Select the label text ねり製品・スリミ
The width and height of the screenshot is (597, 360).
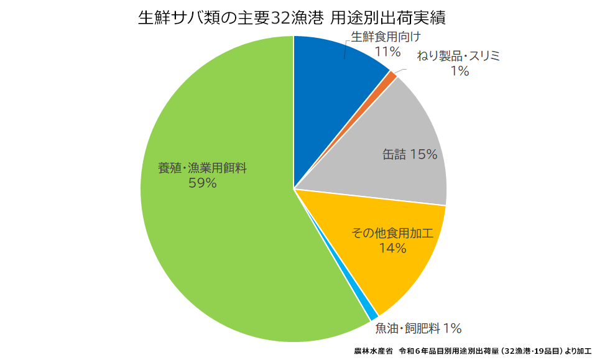pos(459,57)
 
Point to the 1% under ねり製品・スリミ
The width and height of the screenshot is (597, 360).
pos(460,72)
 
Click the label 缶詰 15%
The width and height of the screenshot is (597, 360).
pos(410,154)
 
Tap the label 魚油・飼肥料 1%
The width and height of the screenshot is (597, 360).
pos(418,328)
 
